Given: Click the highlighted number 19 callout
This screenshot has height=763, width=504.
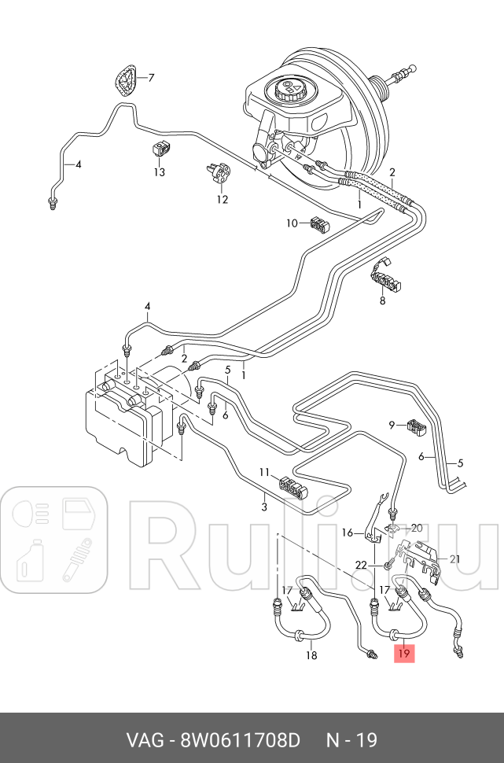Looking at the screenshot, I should (x=403, y=652).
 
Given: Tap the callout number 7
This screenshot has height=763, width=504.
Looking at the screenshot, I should (x=151, y=78).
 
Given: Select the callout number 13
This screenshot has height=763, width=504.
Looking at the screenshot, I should (x=160, y=171).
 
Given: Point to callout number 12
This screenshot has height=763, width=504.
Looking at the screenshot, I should (x=223, y=199).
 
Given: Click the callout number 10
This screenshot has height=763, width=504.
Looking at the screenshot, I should (x=292, y=223).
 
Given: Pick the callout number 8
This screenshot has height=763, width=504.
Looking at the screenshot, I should (x=383, y=300).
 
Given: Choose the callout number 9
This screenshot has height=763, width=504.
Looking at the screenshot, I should (x=392, y=425).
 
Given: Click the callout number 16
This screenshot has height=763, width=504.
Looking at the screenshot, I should (x=347, y=533).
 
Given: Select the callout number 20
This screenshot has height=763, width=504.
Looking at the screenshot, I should (x=417, y=527).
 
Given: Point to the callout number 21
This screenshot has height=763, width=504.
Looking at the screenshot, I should (x=454, y=559).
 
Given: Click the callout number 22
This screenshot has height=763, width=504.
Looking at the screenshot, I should (x=361, y=565).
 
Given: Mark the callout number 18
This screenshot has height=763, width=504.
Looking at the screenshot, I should (x=311, y=654).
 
